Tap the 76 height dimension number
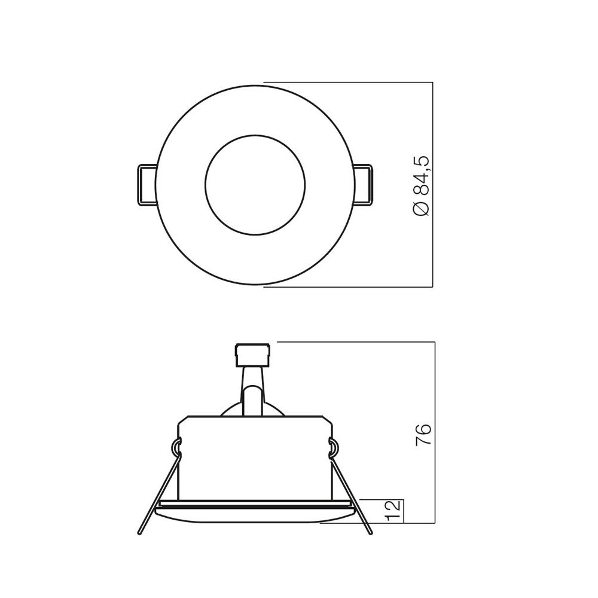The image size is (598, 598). coord(423,434)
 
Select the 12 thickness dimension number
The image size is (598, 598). coord(392,511)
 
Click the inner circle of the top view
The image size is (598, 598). coord(255,184)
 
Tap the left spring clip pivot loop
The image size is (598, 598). coord(176,446)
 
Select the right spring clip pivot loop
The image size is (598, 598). coord(334,446)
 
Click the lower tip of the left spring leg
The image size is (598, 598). coord(141,532)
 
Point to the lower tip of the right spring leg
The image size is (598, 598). coord(370,532)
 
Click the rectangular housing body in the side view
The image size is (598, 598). coord(254,457)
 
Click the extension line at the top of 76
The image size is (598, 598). coord(359,343)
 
